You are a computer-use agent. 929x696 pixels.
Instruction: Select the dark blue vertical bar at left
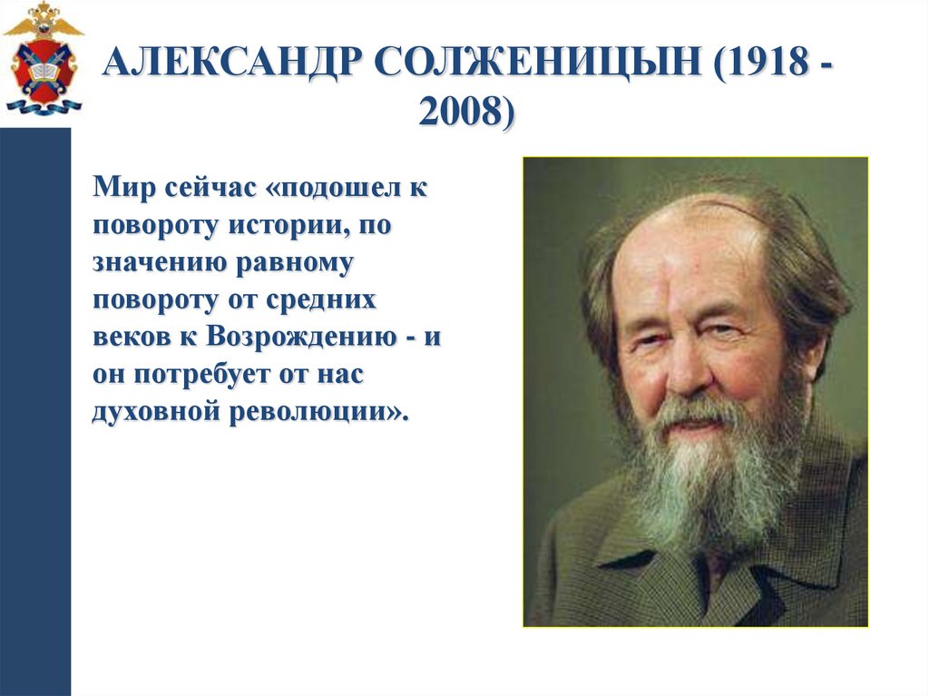click(x=35, y=408)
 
